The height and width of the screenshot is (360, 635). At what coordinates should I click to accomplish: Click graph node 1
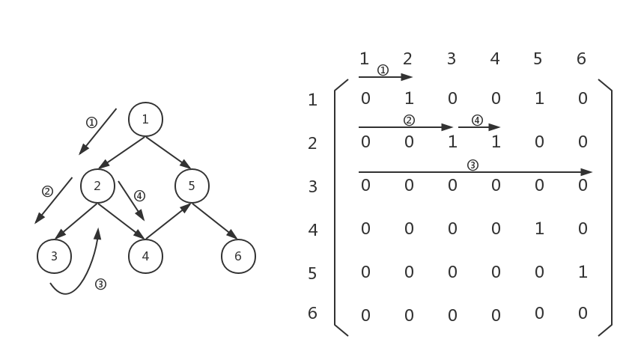click(x=145, y=119)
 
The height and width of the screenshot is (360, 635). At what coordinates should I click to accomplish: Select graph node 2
click(x=97, y=186)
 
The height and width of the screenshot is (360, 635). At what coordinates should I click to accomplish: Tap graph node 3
click(x=54, y=257)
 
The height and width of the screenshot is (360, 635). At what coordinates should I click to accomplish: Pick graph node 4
click(x=145, y=257)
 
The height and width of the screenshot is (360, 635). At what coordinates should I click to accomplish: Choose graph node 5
click(x=192, y=186)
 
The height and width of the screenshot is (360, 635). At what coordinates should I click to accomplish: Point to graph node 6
click(x=238, y=257)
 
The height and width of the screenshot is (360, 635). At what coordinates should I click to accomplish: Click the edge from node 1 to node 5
click(x=168, y=153)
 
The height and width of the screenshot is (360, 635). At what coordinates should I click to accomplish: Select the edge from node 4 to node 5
click(x=168, y=222)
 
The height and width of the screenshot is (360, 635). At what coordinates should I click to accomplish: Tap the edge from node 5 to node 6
click(x=215, y=222)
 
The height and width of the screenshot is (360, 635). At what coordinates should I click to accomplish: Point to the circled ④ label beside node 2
click(x=139, y=196)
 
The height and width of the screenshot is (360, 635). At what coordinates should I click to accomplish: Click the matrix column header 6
click(x=581, y=58)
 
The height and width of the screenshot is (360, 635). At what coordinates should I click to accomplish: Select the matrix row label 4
click(x=313, y=230)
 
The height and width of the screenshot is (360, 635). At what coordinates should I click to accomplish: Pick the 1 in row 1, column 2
click(x=409, y=98)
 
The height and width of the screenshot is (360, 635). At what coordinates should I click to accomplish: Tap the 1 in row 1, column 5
click(x=539, y=98)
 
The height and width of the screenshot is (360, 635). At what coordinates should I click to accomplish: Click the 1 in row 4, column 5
click(x=539, y=228)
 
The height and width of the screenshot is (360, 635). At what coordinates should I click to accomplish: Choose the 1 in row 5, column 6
click(x=583, y=272)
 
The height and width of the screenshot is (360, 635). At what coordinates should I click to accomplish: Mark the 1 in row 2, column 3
click(x=452, y=141)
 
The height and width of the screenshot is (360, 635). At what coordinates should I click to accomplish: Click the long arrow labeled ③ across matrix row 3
click(x=475, y=172)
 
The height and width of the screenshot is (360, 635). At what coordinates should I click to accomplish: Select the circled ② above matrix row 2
click(x=409, y=120)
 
